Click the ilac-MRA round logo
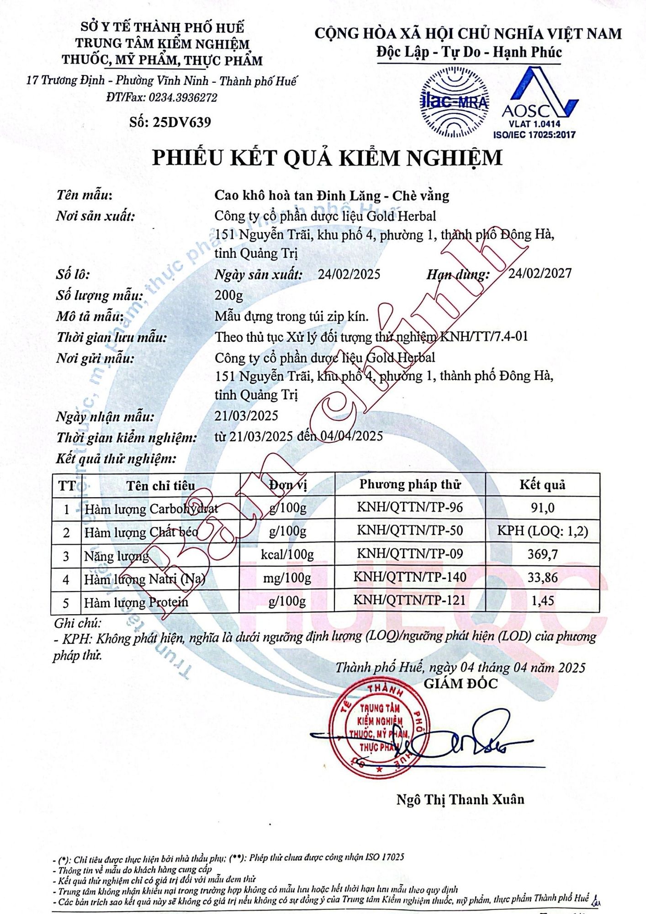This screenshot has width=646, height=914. click(x=453, y=101)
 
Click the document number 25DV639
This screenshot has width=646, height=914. click(x=182, y=122)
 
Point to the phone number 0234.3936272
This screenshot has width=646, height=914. click(x=183, y=97)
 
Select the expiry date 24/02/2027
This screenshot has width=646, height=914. click(x=540, y=273)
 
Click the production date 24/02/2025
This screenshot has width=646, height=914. click(x=349, y=274)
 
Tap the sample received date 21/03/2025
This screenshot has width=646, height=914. click(x=246, y=415)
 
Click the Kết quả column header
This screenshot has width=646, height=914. click(x=542, y=485)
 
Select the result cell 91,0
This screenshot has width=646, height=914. click(x=542, y=508)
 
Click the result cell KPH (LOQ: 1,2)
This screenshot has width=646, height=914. click(x=542, y=531)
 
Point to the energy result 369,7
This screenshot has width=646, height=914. click(x=542, y=554)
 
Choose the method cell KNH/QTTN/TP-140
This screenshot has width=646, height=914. click(x=410, y=577)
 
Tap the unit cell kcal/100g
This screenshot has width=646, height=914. click(x=287, y=554)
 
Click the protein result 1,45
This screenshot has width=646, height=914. click(x=542, y=600)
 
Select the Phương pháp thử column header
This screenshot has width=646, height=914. click(x=410, y=484)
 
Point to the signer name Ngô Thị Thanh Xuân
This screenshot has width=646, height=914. click(x=460, y=799)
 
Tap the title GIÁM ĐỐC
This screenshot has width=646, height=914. click(x=461, y=684)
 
